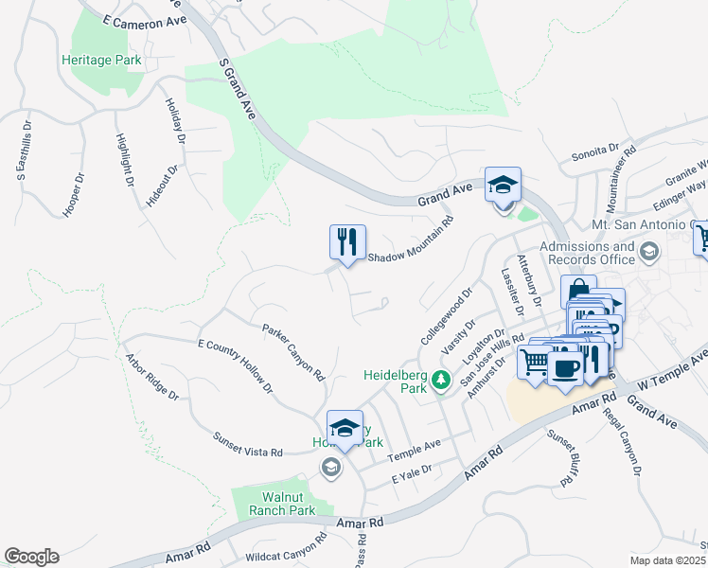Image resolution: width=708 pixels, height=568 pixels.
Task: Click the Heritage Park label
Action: (x=101, y=60)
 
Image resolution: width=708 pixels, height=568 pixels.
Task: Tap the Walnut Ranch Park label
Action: (x=275, y=502)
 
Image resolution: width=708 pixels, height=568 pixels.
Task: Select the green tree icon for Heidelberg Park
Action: (x=440, y=380)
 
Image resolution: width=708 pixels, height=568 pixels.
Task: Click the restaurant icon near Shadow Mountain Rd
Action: (x=347, y=241)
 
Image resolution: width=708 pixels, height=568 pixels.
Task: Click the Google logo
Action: (x=31, y=557)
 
